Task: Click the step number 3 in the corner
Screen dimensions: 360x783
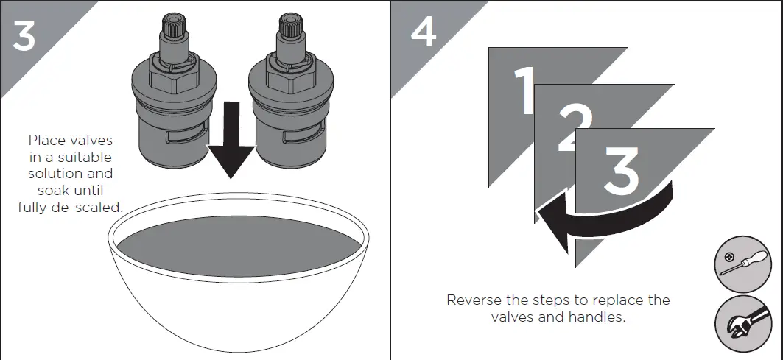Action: pyautogui.click(x=24, y=35)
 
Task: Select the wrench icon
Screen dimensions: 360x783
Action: pyautogui.click(x=743, y=325)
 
